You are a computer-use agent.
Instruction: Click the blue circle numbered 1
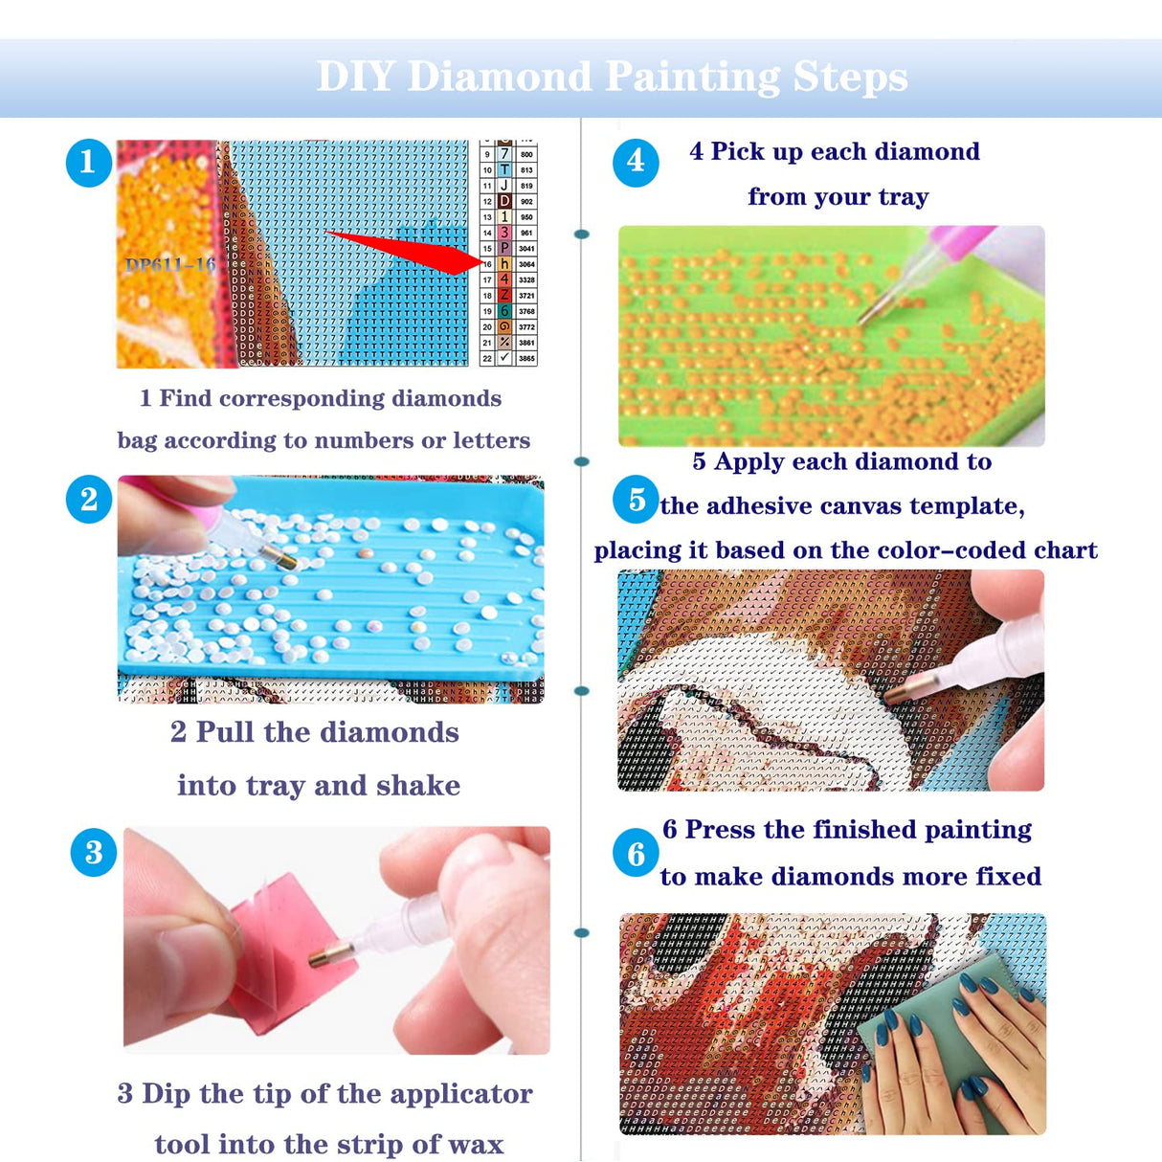click(x=88, y=162)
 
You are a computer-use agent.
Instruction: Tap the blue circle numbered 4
click(x=636, y=162)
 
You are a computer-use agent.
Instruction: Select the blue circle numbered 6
click(x=636, y=853)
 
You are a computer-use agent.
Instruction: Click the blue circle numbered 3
click(x=94, y=852)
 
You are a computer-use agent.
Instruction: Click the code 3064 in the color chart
click(x=526, y=264)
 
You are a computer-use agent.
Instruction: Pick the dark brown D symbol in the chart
click(x=504, y=201)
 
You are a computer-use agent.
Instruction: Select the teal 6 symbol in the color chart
click(x=504, y=311)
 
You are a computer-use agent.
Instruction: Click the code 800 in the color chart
click(x=526, y=154)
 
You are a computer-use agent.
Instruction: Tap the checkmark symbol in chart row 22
click(x=504, y=358)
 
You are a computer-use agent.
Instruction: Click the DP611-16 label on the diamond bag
click(x=170, y=265)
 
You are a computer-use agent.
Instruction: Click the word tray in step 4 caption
click(x=903, y=197)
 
